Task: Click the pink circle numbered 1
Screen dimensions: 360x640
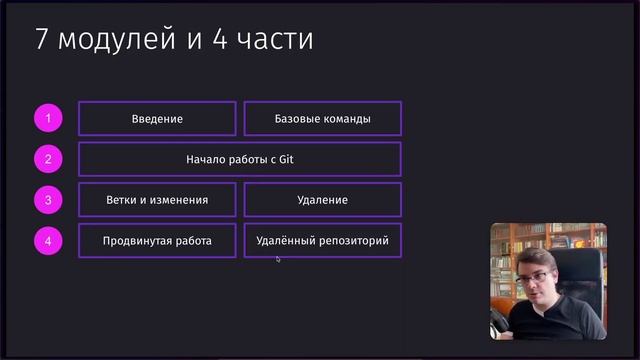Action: (x=47, y=119)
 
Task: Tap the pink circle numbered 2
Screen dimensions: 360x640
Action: (x=47, y=159)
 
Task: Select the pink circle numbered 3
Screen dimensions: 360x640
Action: (x=47, y=200)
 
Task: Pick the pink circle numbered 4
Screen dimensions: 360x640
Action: (x=47, y=241)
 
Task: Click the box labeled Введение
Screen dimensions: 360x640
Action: (x=157, y=119)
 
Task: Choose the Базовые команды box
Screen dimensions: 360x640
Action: (x=322, y=119)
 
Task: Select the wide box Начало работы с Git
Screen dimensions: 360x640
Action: (x=239, y=159)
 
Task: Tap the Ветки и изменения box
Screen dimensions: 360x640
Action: (x=157, y=200)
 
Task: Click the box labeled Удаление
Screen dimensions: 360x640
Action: (x=322, y=200)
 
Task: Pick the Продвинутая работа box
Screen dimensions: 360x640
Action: (x=157, y=241)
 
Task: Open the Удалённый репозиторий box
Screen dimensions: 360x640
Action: (x=322, y=241)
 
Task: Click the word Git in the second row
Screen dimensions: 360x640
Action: (x=285, y=159)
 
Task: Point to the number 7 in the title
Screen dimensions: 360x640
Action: (x=42, y=40)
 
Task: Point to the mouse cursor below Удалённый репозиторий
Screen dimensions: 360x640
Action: (x=278, y=259)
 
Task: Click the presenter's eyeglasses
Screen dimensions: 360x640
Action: (x=533, y=276)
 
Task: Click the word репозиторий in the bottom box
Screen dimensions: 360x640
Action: (x=350, y=241)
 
